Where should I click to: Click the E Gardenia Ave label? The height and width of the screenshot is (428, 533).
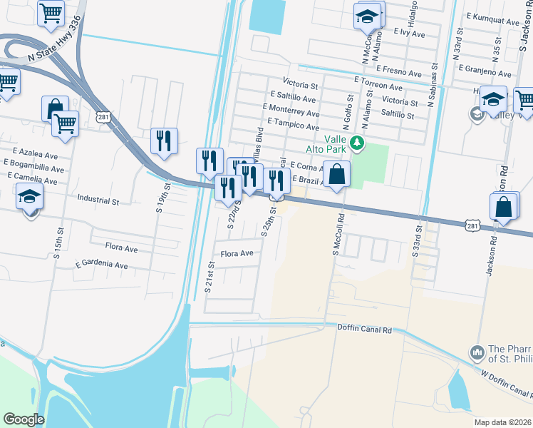[x=102, y=264]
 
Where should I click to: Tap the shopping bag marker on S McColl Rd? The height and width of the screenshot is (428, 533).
[x=336, y=173]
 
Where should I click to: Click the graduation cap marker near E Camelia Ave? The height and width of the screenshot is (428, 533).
[x=30, y=196]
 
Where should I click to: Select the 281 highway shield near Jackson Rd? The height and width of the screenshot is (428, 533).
[x=472, y=225]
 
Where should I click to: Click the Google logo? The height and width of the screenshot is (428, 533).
[x=24, y=419]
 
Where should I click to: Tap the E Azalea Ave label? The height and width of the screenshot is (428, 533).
[x=35, y=153]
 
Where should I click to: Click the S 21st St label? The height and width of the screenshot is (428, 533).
[x=210, y=277]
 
